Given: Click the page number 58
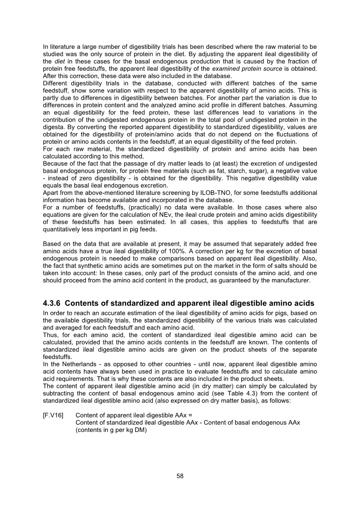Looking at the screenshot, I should pos(180,476).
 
